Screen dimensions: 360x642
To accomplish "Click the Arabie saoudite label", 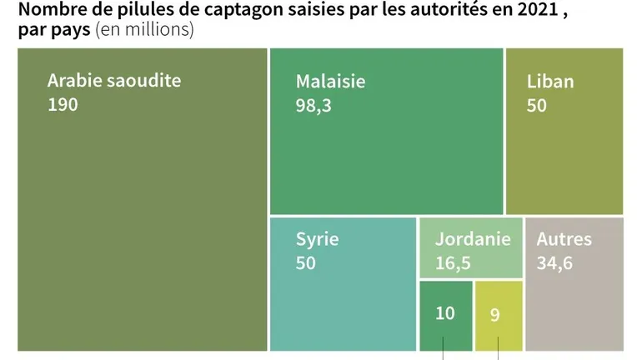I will pos(113,81).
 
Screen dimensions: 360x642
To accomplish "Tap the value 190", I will pos(63,105).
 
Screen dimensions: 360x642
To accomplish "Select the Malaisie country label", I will pos(330,82).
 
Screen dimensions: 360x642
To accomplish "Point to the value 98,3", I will pos(313,106).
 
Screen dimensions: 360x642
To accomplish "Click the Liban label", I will pos(550,82).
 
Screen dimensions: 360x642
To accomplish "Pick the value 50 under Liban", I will pos(537,106).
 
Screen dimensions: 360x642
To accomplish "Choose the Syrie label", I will pos(318,239).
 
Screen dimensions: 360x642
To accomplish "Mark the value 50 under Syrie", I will pos(306,263).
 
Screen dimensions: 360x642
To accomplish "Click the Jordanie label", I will pos(473,239).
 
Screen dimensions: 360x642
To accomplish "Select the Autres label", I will pos(564,239).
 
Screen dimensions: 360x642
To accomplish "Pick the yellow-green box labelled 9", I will pos(498,315).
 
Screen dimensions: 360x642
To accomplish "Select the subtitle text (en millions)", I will pos(144,31).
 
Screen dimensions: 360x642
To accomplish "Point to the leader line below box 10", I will pos(444,346).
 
